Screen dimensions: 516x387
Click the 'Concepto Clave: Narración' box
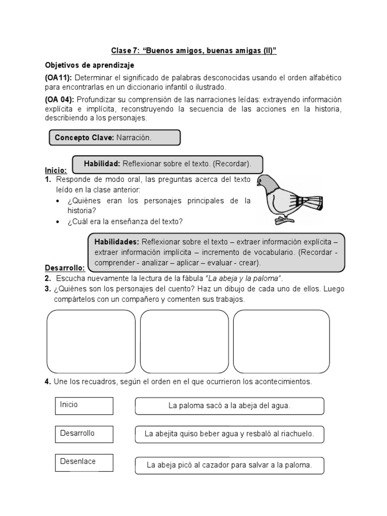[x=114, y=138]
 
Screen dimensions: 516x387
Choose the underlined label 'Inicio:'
[x=56, y=170]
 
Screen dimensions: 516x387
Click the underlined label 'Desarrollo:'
[x=64, y=268]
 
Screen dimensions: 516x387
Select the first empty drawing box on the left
[x=91, y=340]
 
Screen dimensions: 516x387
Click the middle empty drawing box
[x=184, y=340]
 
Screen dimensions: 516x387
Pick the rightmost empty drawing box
[x=281, y=340]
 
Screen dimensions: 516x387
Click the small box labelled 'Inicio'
[x=84, y=406]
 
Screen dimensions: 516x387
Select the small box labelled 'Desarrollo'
[x=84, y=434]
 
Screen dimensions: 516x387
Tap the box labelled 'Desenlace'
[x=84, y=463]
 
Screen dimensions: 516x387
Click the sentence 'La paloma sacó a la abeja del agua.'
[x=229, y=406]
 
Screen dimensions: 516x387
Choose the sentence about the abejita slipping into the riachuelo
[x=229, y=434]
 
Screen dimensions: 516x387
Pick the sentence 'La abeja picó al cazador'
[x=229, y=465]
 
